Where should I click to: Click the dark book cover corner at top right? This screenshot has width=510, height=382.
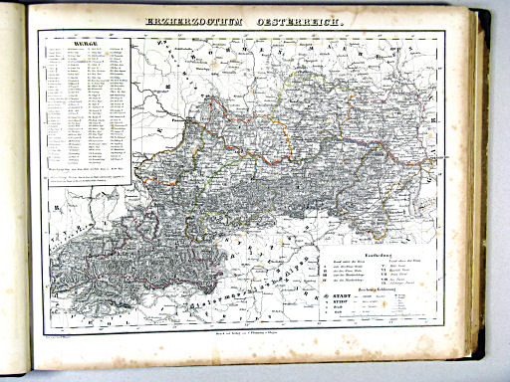pyautogui.click(x=495, y=12)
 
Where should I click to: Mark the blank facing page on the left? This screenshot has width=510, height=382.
pyautogui.click(x=12, y=199)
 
